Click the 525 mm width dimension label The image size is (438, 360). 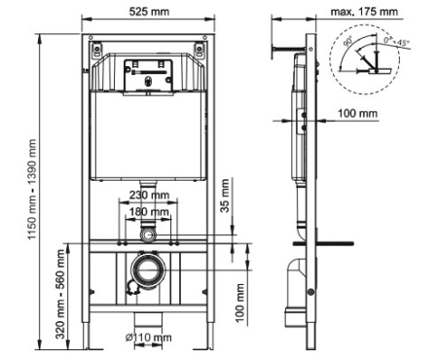click(x=150, y=11)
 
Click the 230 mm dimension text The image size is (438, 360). click(x=149, y=195)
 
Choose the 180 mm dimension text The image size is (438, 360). click(x=149, y=211)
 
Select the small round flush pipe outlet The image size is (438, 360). click(x=148, y=234)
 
